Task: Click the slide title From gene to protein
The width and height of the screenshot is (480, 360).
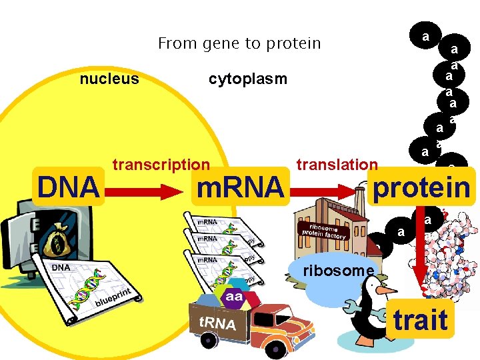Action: [x=239, y=44]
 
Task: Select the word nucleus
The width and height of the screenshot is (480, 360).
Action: [x=109, y=79]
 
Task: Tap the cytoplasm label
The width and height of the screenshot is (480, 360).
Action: [x=247, y=79]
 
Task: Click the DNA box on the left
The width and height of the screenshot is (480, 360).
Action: [x=68, y=187]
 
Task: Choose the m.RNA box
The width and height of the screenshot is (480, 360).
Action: [x=239, y=188]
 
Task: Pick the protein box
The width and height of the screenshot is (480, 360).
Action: [x=421, y=187]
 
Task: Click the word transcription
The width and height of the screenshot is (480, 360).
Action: [x=161, y=165]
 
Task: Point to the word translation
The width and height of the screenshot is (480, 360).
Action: [x=337, y=165]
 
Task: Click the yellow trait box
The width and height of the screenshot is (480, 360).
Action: [x=419, y=319]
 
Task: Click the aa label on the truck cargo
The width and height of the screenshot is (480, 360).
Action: [x=234, y=295]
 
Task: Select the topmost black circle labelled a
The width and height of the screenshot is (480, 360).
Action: [x=425, y=35]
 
